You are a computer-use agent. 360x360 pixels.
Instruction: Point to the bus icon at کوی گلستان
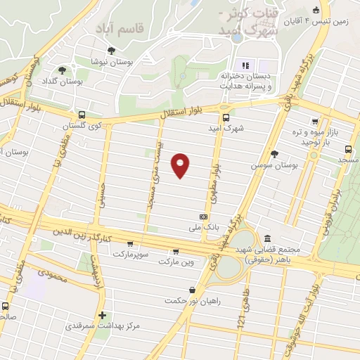pyautogui.click(x=82, y=115)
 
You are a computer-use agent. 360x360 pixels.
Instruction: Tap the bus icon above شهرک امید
pyautogui.click(x=226, y=118)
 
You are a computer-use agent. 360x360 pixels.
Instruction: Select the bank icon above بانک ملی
pyautogui.click(x=203, y=217)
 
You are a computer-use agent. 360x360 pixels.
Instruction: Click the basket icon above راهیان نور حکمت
pyautogui.click(x=193, y=290)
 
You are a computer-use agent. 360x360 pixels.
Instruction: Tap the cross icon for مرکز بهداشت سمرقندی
pyautogui.click(x=103, y=314)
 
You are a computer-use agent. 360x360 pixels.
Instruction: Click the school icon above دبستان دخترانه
pyautogui.click(x=245, y=65)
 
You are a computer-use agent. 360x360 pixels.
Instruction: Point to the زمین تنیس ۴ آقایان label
pyautogui.click(x=316, y=21)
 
